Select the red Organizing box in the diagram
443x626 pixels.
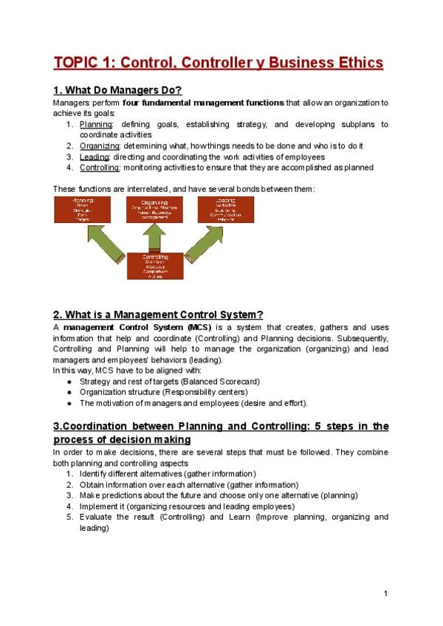155,210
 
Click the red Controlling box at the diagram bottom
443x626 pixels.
155,266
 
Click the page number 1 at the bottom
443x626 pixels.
386,594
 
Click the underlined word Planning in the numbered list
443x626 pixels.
95,124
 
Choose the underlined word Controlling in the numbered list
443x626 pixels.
100,168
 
